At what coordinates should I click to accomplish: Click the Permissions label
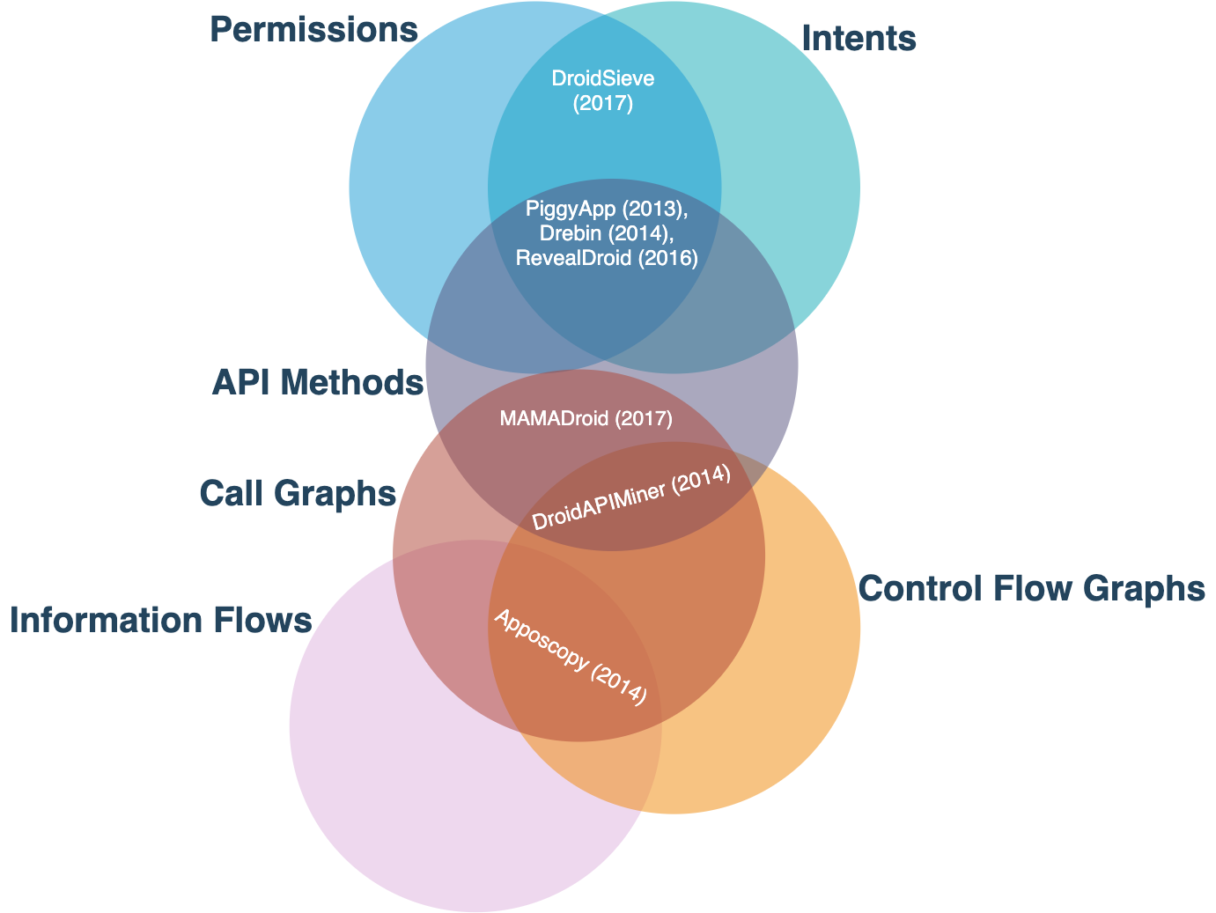coord(313,29)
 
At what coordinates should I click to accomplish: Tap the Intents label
coord(859,38)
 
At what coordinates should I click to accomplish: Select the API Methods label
coord(318,382)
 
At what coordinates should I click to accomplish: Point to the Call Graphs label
coord(298,493)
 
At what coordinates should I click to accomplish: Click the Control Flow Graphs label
coord(1031,587)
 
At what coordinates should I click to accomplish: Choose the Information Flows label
coord(160,620)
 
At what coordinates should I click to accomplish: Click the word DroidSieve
coord(603,78)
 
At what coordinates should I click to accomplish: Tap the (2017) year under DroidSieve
coord(603,104)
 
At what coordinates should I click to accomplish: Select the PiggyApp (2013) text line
coord(607,209)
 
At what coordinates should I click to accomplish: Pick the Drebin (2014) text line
coord(607,233)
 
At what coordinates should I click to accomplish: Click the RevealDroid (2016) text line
coord(607,258)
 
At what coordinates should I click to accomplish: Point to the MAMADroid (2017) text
coord(586,418)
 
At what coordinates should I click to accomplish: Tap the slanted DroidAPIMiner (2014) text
coord(631,497)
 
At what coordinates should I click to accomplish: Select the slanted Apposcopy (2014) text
coord(571,657)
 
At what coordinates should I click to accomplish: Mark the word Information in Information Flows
coord(106,620)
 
